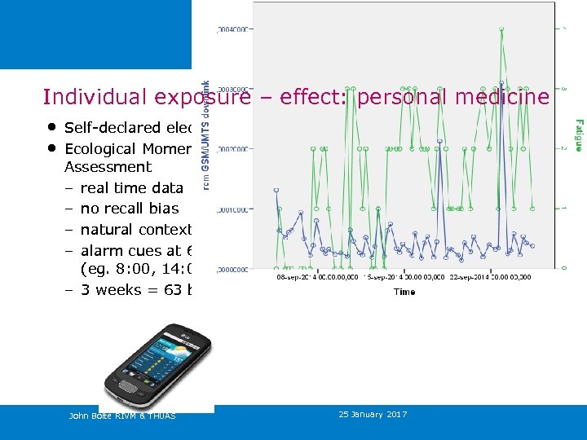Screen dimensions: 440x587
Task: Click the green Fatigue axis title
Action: tap(577, 134)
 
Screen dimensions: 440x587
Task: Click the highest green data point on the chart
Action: tap(501, 29)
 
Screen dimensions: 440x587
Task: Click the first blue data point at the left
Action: tap(276, 190)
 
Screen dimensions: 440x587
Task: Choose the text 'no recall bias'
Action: tap(129, 209)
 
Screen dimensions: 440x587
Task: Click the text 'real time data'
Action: tap(131, 188)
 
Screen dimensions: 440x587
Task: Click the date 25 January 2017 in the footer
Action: tap(373, 415)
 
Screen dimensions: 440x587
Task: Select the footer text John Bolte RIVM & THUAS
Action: tap(121, 416)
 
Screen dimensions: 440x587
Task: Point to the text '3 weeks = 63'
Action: tap(135, 290)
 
